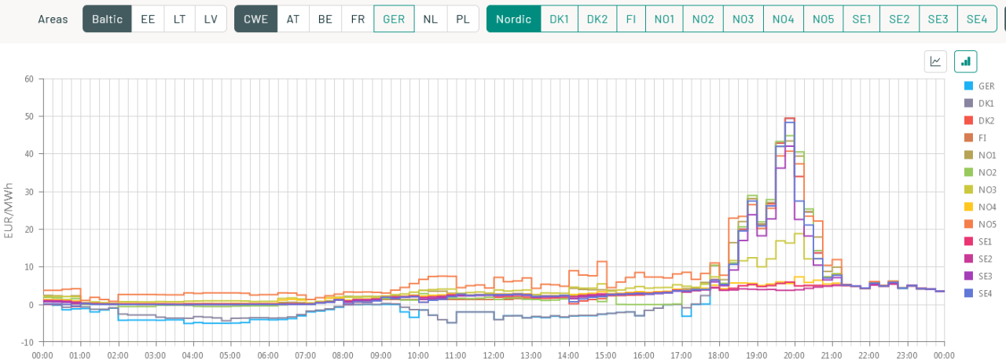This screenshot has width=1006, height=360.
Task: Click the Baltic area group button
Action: coord(107,19)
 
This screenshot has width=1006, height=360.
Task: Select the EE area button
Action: coord(148,19)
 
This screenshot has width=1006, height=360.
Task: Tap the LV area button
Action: coord(211,19)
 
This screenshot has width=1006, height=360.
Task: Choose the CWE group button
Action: coord(255,19)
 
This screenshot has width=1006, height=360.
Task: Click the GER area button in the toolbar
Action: coord(394,19)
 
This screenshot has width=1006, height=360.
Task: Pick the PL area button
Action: coord(463,19)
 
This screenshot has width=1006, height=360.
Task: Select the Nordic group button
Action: coord(513,19)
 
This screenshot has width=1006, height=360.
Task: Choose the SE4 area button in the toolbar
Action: coord(977,19)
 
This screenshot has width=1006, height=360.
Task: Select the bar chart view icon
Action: coord(965,61)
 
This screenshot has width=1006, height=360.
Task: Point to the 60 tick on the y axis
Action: coord(28,79)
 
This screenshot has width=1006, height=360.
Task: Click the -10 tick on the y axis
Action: coord(28,342)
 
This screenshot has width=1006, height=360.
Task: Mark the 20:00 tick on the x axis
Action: coord(795,355)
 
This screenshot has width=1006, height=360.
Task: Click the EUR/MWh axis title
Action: coord(9,210)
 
